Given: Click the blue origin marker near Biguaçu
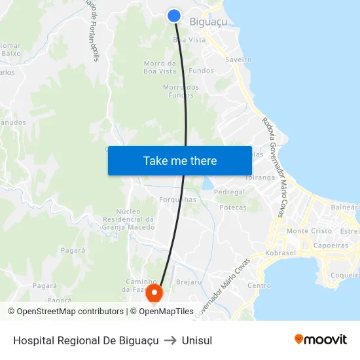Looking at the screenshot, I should click(174, 16).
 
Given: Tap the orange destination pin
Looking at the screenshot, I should click(154, 292).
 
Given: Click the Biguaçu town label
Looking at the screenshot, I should click(208, 22).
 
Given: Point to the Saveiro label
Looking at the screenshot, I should click(238, 60).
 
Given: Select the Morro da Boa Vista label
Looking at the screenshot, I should click(160, 67).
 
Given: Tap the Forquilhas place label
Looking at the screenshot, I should click(177, 200).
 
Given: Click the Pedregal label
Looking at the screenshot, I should click(229, 192).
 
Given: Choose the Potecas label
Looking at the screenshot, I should click(233, 207).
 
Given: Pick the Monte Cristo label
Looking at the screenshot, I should click(309, 231).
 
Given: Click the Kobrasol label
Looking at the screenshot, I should click(281, 253).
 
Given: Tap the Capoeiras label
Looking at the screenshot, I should click(331, 246).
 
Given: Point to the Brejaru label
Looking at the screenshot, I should click(189, 281).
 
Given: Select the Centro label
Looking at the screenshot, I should click(259, 285).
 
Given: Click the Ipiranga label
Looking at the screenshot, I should click(260, 177).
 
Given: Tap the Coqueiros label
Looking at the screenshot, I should click(344, 275).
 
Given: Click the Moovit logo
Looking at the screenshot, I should click(321, 340).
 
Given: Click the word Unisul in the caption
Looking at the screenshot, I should click(197, 340).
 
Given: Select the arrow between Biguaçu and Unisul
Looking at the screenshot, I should click(170, 340).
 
